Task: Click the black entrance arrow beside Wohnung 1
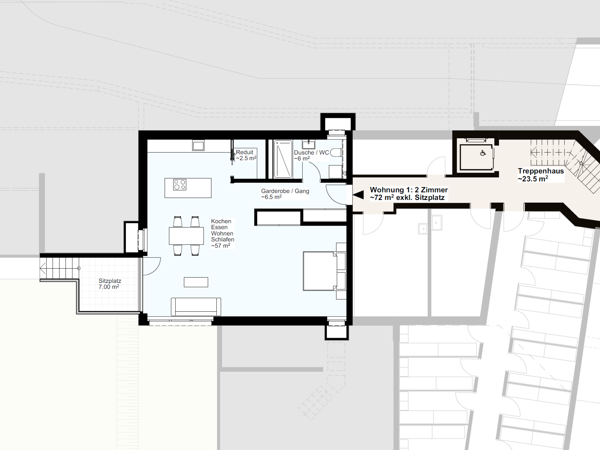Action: pos(358,195)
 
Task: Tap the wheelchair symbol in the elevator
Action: pos(483,153)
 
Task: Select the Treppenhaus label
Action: pos(541,171)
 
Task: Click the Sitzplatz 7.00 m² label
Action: pos(110,284)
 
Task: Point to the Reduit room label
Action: pos(244,152)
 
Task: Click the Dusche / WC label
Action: pos(311,152)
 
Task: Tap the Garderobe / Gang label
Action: pos(285,191)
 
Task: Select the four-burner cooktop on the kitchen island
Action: pos(180,184)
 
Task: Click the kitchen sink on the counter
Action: pos(198,146)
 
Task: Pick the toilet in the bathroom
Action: pos(336,153)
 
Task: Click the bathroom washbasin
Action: pos(308,145)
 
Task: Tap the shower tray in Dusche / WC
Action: pos(283,159)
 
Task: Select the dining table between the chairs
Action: pos(186,236)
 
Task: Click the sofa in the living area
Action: pos(196,307)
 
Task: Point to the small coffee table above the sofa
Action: pos(196,282)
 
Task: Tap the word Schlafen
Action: pos(223,239)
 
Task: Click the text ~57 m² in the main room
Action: pos(221,246)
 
